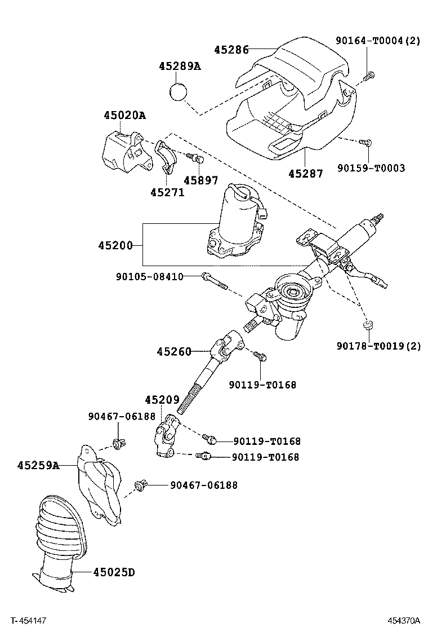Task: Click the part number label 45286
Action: coord(231,50)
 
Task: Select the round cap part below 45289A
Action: coord(179,90)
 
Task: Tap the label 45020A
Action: coord(124,116)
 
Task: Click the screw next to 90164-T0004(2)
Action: coord(369,76)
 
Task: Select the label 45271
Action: coord(167,192)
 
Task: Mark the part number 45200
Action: coord(115,245)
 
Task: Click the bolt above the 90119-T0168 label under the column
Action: coord(260,356)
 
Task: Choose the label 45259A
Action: coord(38,466)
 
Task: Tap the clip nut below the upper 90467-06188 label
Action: coord(119,444)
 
